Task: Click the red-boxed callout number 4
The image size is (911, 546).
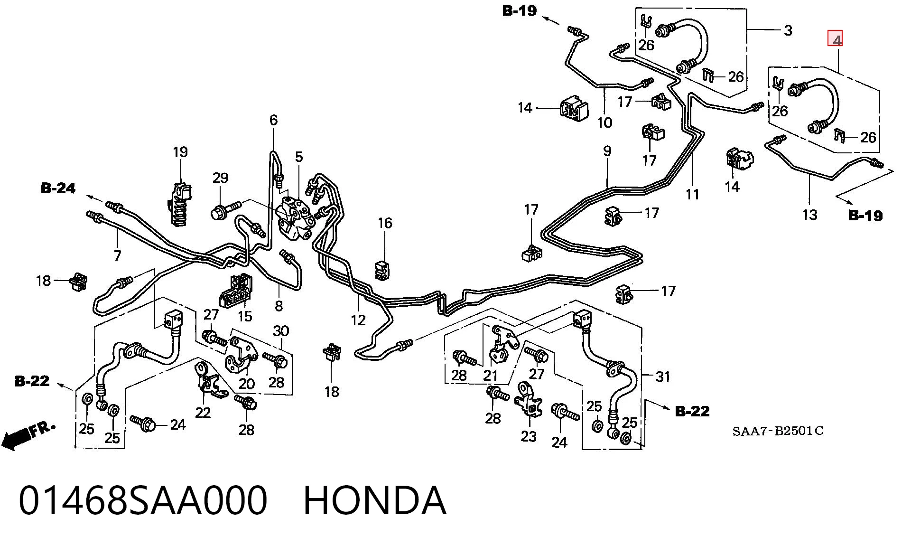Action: coord(836,39)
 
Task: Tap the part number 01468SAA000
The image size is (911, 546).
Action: coord(143,500)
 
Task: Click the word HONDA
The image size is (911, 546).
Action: coord(375,500)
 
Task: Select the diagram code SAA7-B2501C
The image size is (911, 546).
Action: coord(778,431)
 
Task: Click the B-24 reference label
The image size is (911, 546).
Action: coord(58,188)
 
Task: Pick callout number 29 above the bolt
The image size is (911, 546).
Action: coord(220,178)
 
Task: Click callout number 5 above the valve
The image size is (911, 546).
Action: coord(298,157)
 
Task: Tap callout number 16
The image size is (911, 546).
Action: coord(385,223)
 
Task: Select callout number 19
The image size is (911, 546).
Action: coord(180,152)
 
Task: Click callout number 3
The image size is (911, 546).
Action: coord(788,31)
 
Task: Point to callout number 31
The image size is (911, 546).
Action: coord(663,377)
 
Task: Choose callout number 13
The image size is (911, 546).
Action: coord(809,215)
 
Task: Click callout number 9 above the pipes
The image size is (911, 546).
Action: coord(607,151)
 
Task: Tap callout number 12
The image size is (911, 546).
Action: coord(358,320)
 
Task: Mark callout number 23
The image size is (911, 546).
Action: coord(529,436)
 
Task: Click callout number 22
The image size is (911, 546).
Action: coord(203,413)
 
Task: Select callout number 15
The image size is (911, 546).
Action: coord(245,316)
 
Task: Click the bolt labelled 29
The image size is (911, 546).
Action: coord(226,210)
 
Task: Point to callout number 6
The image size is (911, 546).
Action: coord(273,120)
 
